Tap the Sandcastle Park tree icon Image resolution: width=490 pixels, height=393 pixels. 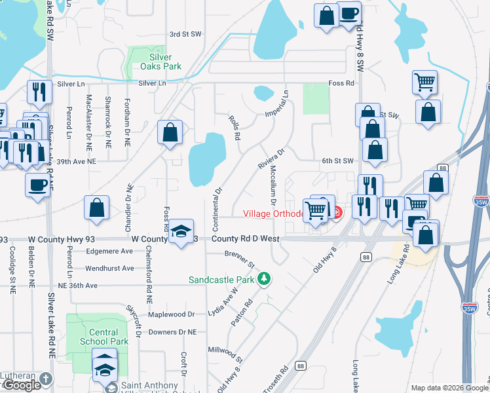pos(264,279)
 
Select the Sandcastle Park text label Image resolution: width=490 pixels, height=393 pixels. pos(221,280)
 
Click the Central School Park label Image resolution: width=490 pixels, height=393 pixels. pos(104,336)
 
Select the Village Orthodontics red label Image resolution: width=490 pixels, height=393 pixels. pos(273,214)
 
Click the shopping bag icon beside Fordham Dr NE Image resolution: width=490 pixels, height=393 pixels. pos(170,132)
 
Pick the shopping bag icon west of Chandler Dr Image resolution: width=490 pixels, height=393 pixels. pos(96,208)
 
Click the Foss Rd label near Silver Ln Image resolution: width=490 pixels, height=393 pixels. pos(341,83)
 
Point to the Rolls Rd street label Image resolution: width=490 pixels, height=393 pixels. pos(235,127)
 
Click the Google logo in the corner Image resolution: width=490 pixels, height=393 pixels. pos(22,384)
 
